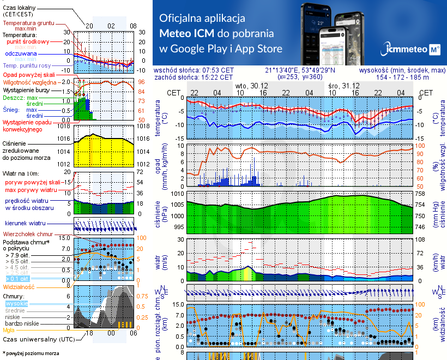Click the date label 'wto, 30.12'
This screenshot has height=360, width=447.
[x=251, y=86]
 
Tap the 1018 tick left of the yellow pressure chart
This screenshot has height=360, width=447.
[x=64, y=127]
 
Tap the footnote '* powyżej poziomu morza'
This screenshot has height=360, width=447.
[x=31, y=353]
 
